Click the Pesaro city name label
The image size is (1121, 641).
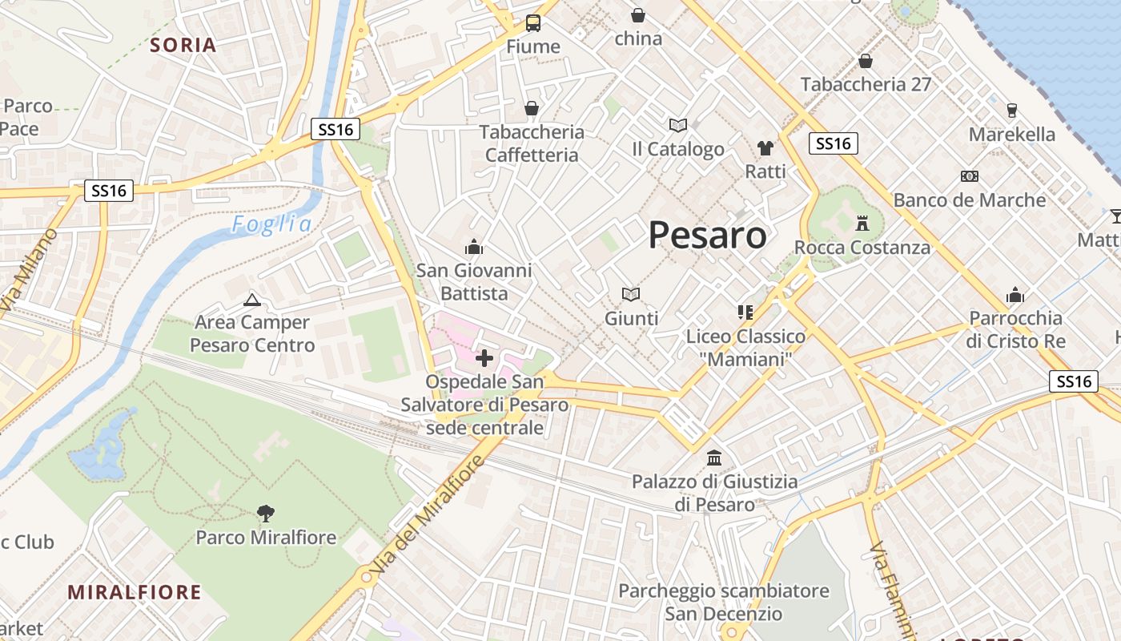click(x=707, y=235)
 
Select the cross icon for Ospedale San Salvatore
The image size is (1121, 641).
click(x=484, y=358)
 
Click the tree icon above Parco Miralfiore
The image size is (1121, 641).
click(x=266, y=513)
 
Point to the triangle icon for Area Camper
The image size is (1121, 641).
click(x=252, y=300)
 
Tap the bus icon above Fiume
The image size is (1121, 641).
click(x=533, y=22)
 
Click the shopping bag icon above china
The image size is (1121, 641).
click(x=638, y=15)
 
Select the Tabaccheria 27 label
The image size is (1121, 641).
click(x=866, y=84)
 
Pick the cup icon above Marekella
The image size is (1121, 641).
click(x=1011, y=111)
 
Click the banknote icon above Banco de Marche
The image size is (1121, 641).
click(x=970, y=176)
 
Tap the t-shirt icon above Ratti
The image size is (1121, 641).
click(x=765, y=148)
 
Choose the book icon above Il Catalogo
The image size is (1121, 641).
click(x=678, y=125)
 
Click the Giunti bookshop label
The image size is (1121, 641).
click(x=632, y=318)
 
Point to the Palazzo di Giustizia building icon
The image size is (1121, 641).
click(x=714, y=458)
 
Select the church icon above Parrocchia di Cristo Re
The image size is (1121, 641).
click(x=1015, y=295)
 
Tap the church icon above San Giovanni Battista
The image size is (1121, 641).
click(x=474, y=247)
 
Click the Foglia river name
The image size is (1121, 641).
click(x=272, y=224)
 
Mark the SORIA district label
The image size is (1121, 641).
click(x=183, y=45)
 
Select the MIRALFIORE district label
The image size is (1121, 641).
click(x=135, y=592)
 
